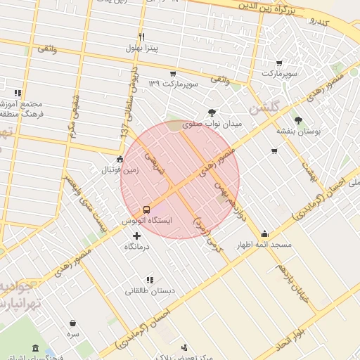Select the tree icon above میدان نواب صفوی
pos(212,112)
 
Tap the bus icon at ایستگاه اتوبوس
pos(146,209)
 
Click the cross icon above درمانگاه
pos(136,235)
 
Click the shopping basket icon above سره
pos(72,323)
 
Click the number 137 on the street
pos(124,131)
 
